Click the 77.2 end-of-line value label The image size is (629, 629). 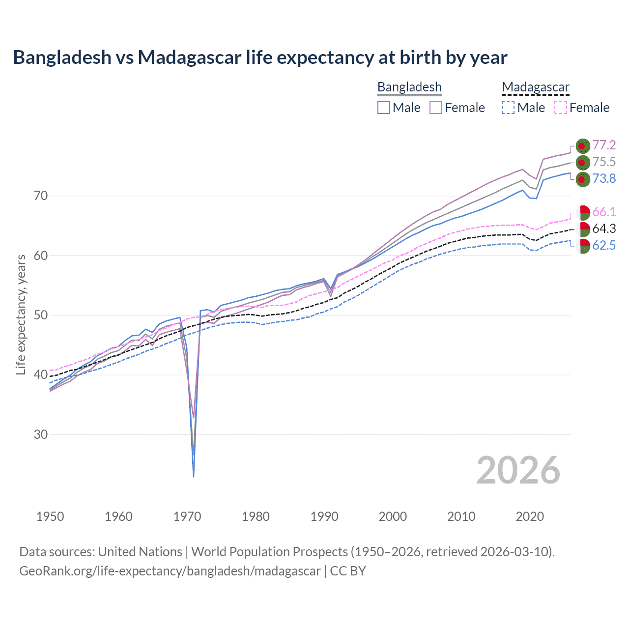point(604,145)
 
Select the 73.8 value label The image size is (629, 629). point(604,178)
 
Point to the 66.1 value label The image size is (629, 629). point(604,212)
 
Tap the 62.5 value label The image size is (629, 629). point(604,245)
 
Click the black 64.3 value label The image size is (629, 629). point(604,229)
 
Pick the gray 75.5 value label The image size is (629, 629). point(604,162)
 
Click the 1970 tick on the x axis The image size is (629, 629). point(187,516)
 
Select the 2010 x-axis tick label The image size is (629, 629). point(461,516)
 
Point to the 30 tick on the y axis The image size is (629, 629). point(41,434)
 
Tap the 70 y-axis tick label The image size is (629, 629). point(41,196)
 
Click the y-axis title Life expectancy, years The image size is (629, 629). point(21,314)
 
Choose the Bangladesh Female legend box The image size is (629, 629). point(436,108)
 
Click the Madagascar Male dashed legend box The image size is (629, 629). point(508,108)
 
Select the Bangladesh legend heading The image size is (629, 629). point(409,87)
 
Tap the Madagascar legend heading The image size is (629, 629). point(536,87)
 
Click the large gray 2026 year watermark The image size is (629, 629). point(518,470)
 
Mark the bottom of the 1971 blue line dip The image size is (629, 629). point(194,476)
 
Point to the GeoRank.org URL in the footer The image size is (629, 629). point(170,571)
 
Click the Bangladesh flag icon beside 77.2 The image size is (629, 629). point(582,146)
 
